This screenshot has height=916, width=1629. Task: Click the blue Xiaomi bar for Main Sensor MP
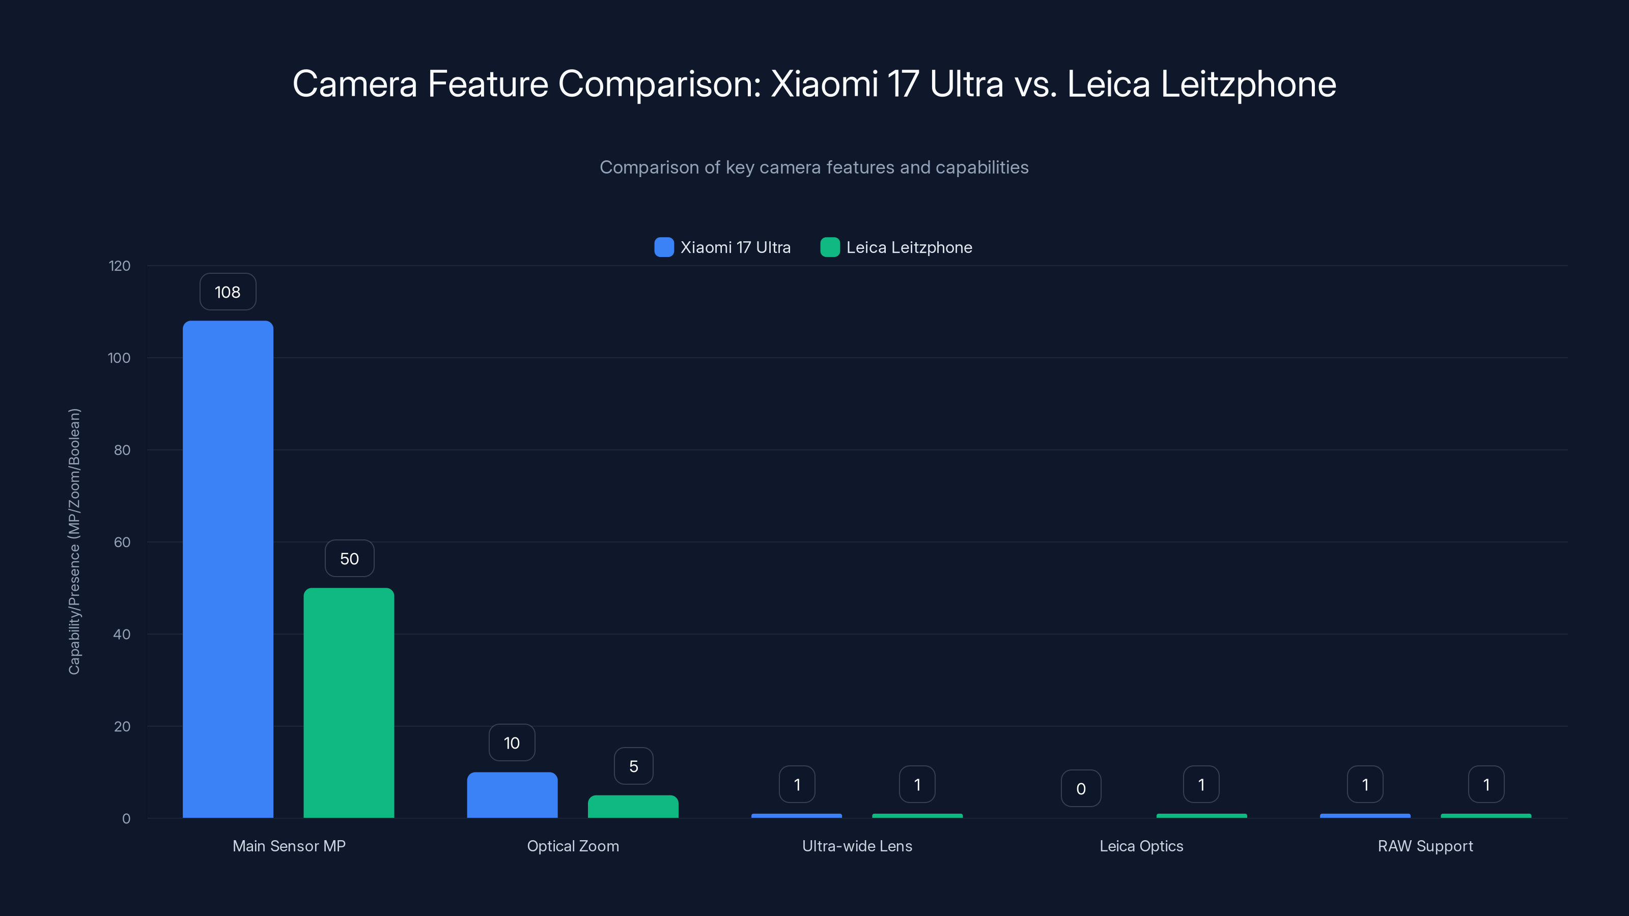click(228, 569)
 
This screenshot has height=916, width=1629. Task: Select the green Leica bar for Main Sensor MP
click(348, 702)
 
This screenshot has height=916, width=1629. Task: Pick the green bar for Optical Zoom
click(633, 807)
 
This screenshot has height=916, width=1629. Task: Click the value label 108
click(228, 292)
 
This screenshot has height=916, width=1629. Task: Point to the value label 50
click(349, 559)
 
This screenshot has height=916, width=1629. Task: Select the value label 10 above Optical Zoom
click(512, 743)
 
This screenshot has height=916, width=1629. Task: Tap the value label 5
click(633, 766)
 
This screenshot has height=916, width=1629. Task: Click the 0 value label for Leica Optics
click(1081, 788)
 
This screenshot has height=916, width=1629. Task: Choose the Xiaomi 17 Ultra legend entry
click(723, 247)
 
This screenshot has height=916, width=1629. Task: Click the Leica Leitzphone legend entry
click(896, 247)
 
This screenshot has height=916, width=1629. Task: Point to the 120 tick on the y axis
click(120, 266)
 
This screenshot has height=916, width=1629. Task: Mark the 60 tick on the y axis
click(122, 542)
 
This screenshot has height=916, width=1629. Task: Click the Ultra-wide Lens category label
click(857, 846)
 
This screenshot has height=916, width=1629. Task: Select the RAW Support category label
click(1425, 846)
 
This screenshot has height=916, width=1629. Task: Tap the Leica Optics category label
click(1141, 846)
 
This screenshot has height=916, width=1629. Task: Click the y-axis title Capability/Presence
click(74, 542)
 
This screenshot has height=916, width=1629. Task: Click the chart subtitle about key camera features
click(814, 167)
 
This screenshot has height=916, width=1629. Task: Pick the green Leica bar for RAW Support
click(1485, 815)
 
